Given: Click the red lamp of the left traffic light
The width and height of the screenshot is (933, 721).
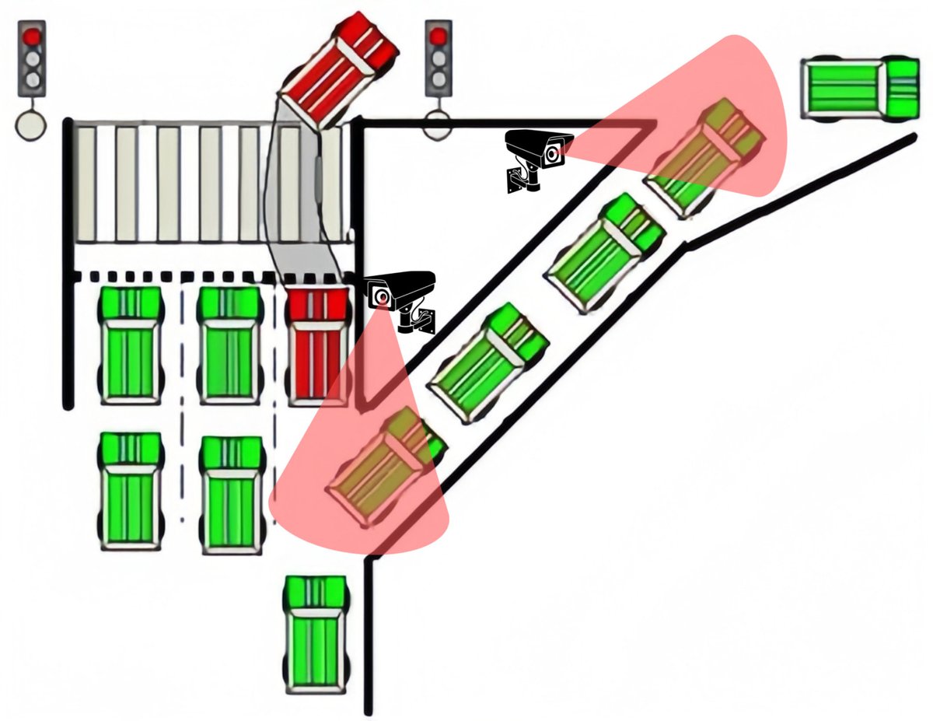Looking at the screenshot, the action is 32,37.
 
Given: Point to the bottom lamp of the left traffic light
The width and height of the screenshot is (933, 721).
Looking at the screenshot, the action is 32,79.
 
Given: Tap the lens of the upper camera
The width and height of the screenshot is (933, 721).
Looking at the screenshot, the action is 553,153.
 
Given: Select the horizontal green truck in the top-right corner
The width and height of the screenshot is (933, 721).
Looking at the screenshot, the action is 860,89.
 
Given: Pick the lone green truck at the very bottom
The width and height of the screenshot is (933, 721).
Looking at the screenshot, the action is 315,634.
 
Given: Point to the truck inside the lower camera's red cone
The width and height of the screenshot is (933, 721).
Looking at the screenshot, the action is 385,466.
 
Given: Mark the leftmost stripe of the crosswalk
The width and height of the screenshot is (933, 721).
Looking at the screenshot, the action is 86,183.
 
